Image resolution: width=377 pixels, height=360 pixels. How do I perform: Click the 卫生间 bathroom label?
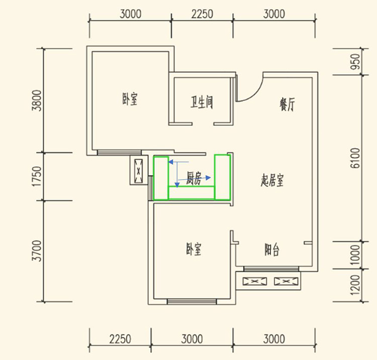202,103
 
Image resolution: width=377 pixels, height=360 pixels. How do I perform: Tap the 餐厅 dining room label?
287,104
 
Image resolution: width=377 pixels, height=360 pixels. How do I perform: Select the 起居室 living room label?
272,180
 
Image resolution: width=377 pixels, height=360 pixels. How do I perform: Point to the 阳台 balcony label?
272,250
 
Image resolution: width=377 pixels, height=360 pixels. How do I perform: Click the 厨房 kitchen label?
194,178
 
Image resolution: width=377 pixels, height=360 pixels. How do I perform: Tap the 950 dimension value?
355,62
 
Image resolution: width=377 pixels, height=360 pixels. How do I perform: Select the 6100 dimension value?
355,158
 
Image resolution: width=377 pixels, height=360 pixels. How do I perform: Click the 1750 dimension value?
37,176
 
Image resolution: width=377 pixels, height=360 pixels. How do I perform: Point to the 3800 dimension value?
37,100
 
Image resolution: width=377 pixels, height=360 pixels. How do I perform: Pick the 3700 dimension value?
37,251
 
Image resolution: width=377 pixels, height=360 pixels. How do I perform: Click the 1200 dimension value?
355,285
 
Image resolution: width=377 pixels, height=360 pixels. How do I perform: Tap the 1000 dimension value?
355,255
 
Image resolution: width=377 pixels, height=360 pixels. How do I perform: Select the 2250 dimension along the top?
202,14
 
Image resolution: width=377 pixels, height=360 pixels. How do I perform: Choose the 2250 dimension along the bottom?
120,339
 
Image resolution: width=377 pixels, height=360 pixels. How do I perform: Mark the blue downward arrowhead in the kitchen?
177,185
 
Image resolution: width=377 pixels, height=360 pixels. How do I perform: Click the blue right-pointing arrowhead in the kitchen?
209,178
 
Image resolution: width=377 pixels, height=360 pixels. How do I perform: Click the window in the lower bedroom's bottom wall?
192,301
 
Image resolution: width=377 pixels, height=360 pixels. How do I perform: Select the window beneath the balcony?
271,269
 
